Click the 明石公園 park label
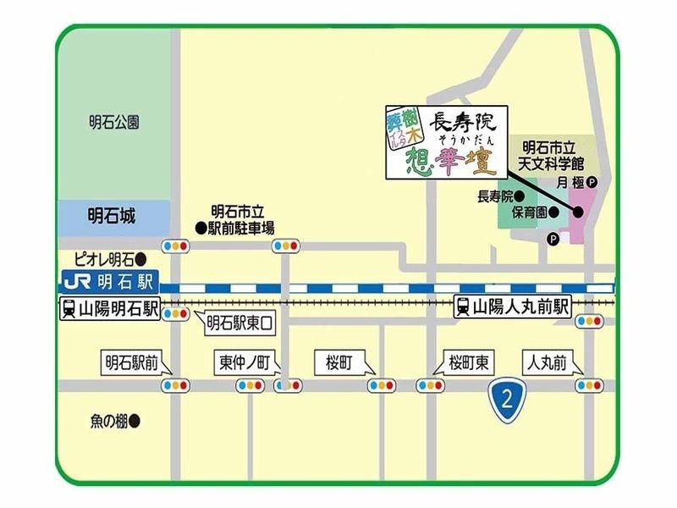[x=113, y=123]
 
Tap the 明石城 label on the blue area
[x=113, y=215]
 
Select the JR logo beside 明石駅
[x=75, y=278]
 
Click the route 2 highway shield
[x=507, y=397]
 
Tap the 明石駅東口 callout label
[x=239, y=322]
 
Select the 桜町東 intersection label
[x=468, y=362]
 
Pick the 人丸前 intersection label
[x=550, y=362]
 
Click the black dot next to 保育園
[x=552, y=212]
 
